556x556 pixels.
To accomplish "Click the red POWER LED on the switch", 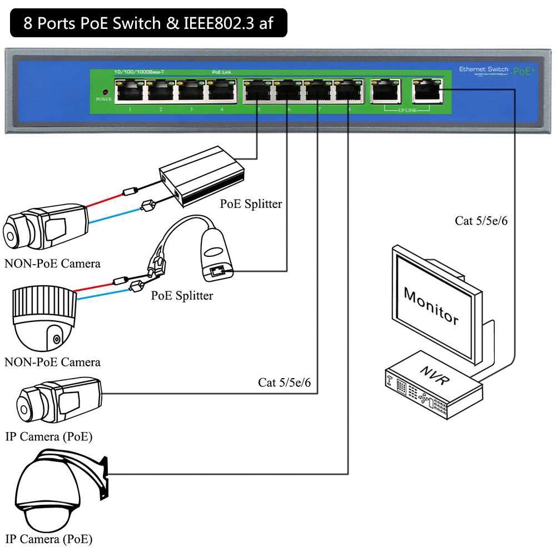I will coord(104,92).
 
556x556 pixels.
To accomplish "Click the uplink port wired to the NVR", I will coord(426,90).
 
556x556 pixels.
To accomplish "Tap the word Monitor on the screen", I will coord(431,305).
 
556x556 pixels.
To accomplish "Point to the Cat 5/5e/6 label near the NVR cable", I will coord(481,221).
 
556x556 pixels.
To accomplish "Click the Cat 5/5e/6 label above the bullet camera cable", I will coord(284,383).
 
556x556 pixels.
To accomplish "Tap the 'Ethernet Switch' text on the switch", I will coord(483,69).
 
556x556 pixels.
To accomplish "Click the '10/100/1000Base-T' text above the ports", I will coord(139,72).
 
